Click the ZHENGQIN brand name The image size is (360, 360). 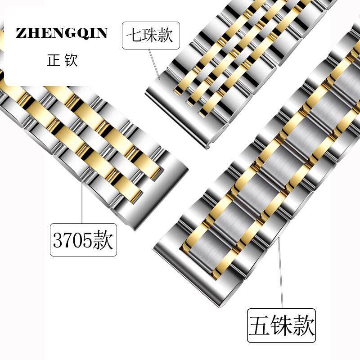(62, 33)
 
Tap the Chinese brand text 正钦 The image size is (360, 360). (62, 60)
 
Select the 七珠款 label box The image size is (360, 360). (151, 35)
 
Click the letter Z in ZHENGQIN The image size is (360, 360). (21, 33)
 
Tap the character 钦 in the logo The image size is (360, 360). (71, 60)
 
